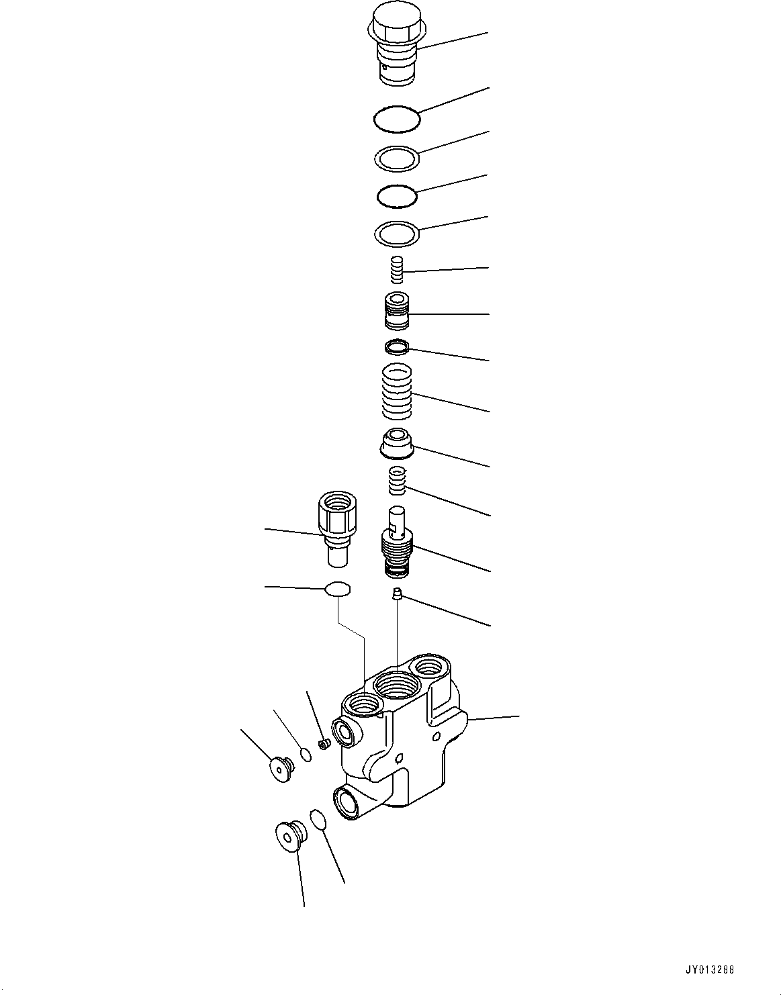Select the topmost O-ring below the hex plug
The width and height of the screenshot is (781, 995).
pyautogui.click(x=397, y=120)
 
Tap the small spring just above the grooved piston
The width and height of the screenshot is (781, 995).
pyautogui.click(x=398, y=270)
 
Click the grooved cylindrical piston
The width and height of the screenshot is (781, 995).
pyautogui.click(x=398, y=312)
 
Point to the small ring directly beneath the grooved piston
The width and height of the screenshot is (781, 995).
pyautogui.click(x=397, y=347)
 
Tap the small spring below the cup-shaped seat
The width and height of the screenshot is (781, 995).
pyautogui.click(x=398, y=481)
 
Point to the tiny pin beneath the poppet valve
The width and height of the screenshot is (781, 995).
pyautogui.click(x=397, y=593)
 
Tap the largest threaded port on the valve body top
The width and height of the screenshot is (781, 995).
pyautogui.click(x=397, y=686)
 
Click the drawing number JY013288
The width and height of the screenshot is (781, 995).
pyautogui.click(x=710, y=970)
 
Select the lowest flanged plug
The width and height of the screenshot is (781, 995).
pyautogui.click(x=290, y=835)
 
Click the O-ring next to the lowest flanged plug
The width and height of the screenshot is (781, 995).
pyautogui.click(x=318, y=820)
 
